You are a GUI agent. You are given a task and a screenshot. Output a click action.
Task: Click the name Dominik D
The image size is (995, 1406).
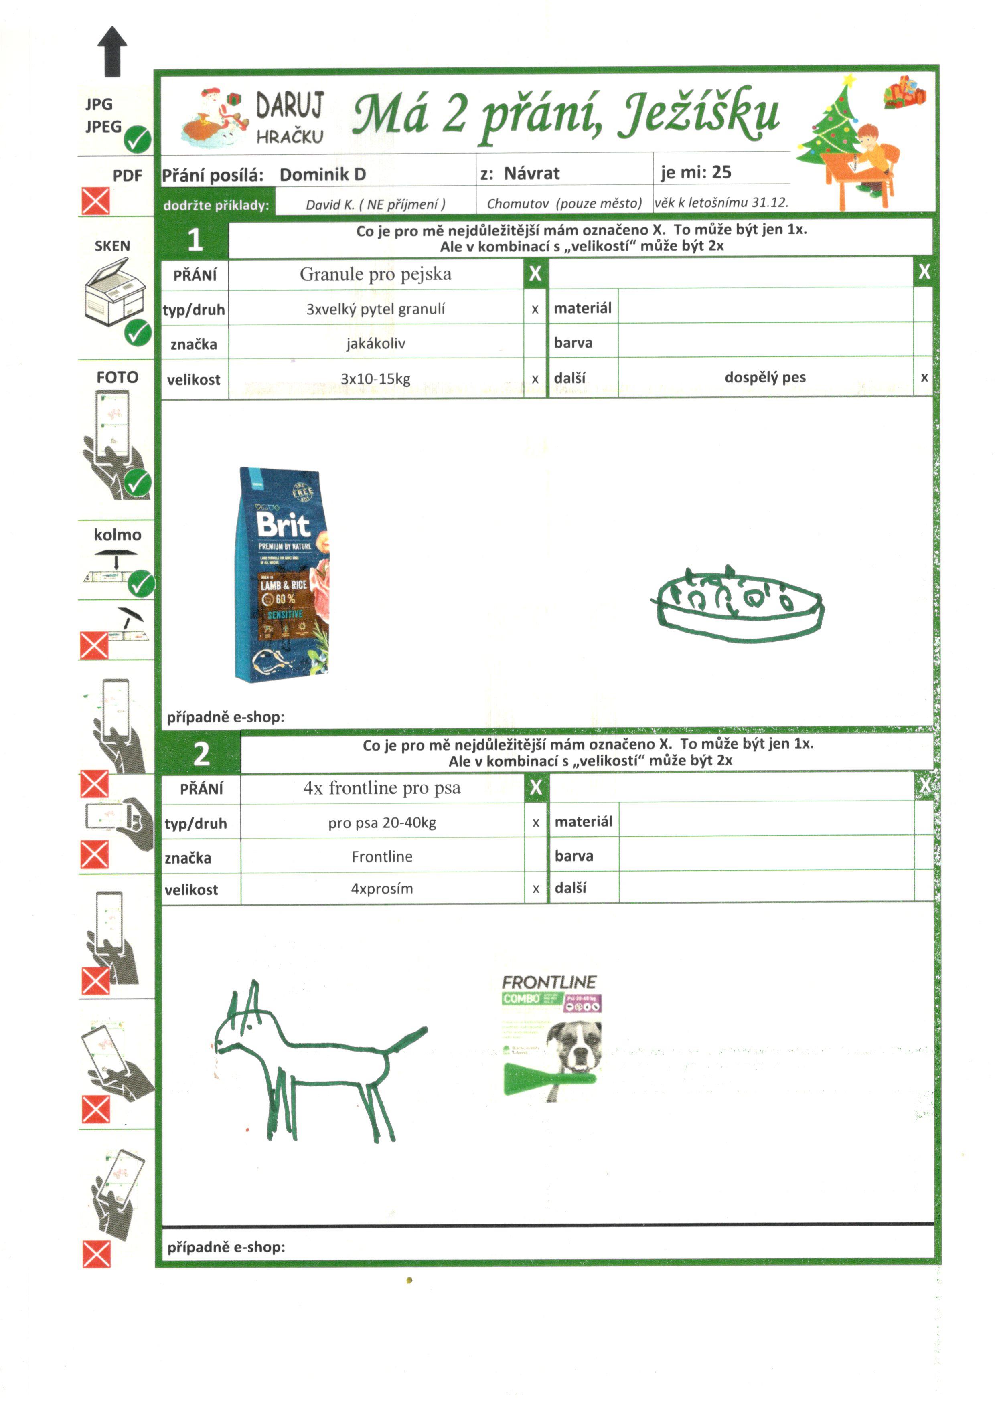pos(322,174)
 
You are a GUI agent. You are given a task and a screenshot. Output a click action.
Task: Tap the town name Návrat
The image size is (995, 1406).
pos(531,173)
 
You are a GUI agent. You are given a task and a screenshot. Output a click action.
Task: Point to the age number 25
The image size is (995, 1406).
pos(721,172)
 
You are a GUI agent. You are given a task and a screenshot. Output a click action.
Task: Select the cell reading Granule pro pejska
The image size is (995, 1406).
pos(375,274)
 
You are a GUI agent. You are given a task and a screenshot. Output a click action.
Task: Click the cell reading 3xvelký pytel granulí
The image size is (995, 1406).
pos(375,309)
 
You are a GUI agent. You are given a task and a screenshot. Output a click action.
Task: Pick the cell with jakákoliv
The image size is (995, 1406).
pos(375,344)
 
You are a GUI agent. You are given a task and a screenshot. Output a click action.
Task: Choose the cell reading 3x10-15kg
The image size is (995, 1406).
pos(375,379)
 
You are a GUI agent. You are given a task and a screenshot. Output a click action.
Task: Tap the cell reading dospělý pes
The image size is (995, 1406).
pos(765,377)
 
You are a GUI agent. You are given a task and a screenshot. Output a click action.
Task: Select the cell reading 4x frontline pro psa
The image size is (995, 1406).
pos(382,788)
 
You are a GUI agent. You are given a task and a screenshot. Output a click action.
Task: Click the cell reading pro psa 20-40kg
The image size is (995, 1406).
pos(382,823)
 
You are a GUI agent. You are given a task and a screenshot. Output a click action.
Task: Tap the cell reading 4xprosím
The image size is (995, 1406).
pos(382,888)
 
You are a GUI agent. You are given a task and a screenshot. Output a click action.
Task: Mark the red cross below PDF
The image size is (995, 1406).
pos(95,201)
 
